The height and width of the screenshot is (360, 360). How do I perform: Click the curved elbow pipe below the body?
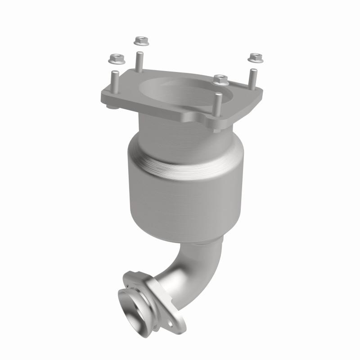click(x=198, y=270)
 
